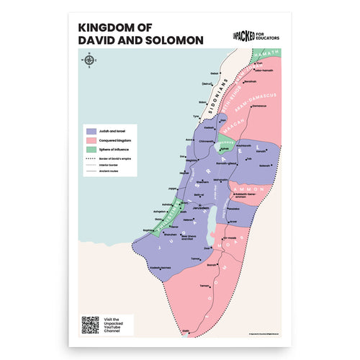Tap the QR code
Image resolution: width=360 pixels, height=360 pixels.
[89, 324]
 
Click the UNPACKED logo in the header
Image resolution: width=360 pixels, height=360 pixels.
[248, 32]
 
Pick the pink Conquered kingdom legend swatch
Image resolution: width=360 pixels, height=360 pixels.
[91, 142]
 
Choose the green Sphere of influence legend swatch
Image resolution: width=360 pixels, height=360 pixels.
[91, 150]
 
